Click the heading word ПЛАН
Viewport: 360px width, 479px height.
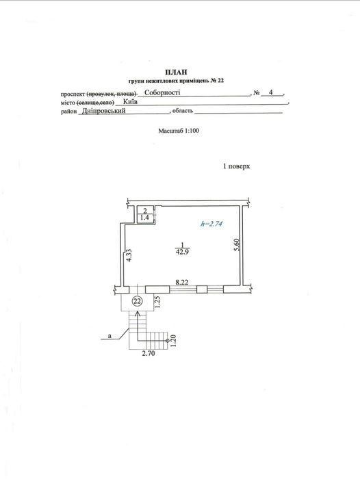click(176, 72)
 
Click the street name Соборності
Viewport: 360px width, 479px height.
click(162, 92)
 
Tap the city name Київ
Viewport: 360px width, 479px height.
click(131, 101)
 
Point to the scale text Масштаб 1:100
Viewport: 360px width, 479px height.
click(179, 131)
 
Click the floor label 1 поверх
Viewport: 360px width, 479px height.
click(237, 166)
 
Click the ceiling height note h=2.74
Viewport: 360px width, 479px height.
click(211, 224)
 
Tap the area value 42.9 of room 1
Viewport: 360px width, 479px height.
click(183, 253)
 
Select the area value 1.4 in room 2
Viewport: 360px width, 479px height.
click(144, 218)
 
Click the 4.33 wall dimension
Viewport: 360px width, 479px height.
click(129, 255)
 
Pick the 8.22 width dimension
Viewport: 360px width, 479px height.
click(182, 282)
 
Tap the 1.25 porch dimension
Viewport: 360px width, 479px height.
click(158, 301)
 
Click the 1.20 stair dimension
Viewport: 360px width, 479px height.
click(174, 341)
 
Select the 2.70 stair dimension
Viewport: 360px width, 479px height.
click(149, 354)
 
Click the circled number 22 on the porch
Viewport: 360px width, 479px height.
click(137, 301)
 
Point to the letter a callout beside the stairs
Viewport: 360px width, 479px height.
click(110, 336)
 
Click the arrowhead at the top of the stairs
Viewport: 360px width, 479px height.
click(138, 313)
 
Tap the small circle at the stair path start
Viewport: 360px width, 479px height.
click(168, 340)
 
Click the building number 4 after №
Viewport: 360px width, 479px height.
click(271, 92)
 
